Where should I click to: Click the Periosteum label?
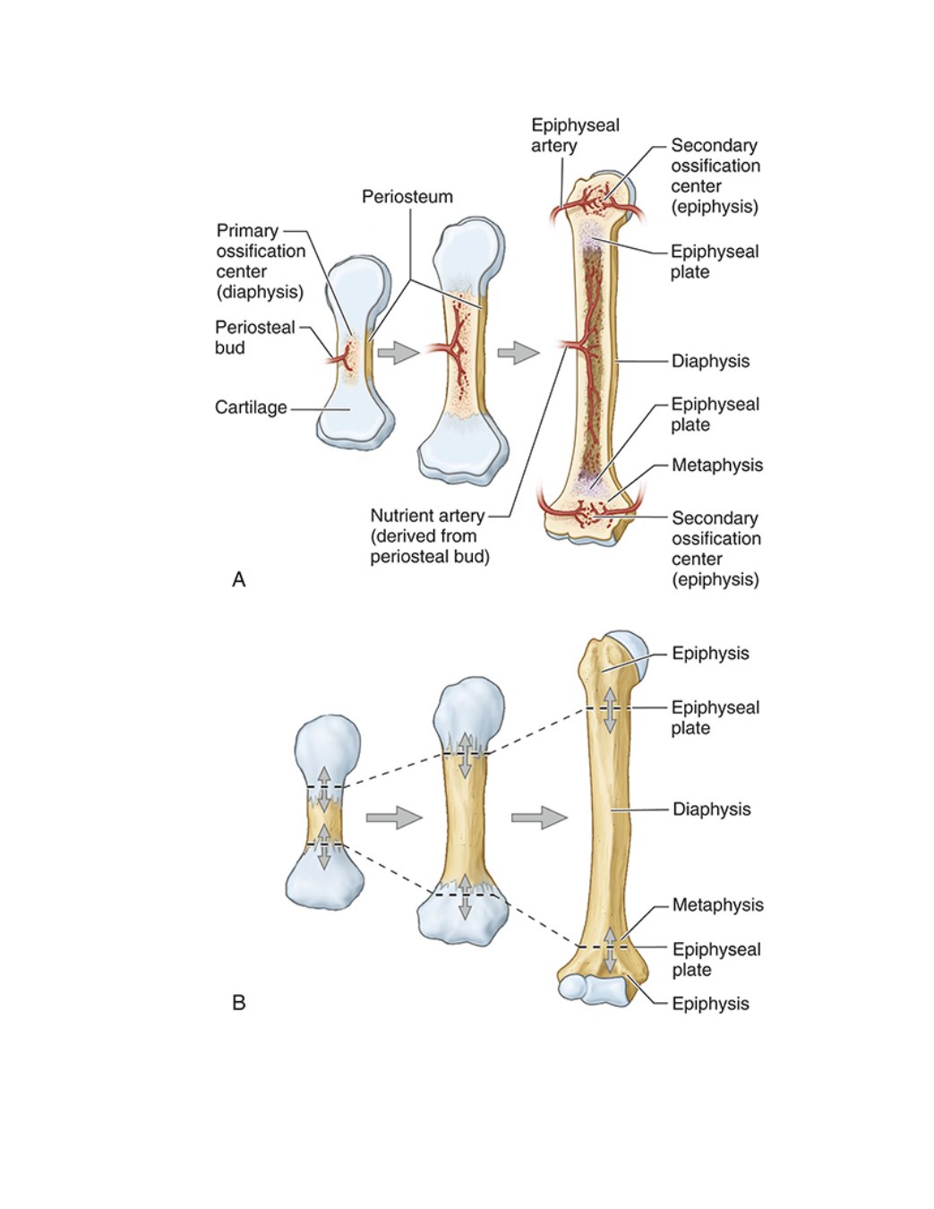[x=407, y=197]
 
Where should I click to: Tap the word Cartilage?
[x=251, y=407]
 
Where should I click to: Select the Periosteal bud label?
[x=255, y=337]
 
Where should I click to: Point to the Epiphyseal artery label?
[x=575, y=135]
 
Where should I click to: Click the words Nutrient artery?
[x=427, y=516]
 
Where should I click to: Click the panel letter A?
[x=238, y=579]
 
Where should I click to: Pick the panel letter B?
[x=238, y=1003]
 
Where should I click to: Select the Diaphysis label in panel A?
[x=710, y=361]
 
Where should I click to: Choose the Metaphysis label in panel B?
[x=717, y=905]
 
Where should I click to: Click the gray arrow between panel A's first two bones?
[x=398, y=353]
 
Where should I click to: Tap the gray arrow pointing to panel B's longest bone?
[x=539, y=818]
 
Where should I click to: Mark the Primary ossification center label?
[x=261, y=261]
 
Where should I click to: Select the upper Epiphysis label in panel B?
[x=710, y=653]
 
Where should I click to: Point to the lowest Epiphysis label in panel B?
[x=710, y=1004]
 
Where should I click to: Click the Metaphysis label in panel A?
[x=717, y=465]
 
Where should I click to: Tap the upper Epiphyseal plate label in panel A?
[x=715, y=262]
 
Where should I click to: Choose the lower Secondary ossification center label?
[x=715, y=549]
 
